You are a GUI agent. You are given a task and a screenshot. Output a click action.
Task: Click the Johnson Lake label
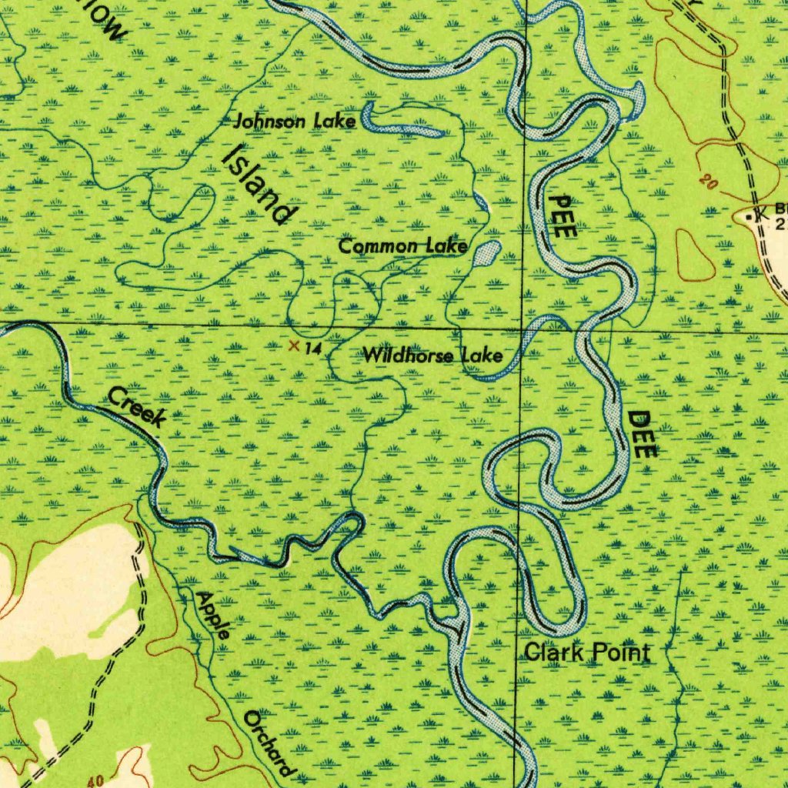click(x=295, y=121)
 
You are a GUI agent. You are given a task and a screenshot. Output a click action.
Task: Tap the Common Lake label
click(x=403, y=246)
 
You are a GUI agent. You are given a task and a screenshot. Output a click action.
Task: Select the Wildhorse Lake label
click(x=432, y=356)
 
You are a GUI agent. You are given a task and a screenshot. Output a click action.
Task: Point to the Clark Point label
click(x=586, y=653)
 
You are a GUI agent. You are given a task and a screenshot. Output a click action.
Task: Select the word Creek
click(x=137, y=407)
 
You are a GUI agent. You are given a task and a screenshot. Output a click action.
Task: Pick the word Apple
click(x=212, y=615)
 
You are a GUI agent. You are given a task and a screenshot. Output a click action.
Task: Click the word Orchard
click(x=269, y=743)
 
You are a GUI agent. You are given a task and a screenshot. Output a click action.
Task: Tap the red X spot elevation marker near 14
click(x=293, y=346)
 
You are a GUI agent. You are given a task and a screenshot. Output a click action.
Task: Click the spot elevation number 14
click(x=312, y=349)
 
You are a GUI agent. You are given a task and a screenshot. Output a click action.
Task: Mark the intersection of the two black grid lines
click(x=523, y=329)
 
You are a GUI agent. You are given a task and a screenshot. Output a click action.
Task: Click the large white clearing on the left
click(x=69, y=585)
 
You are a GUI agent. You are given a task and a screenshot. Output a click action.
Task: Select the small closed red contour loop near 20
click(x=694, y=255)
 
